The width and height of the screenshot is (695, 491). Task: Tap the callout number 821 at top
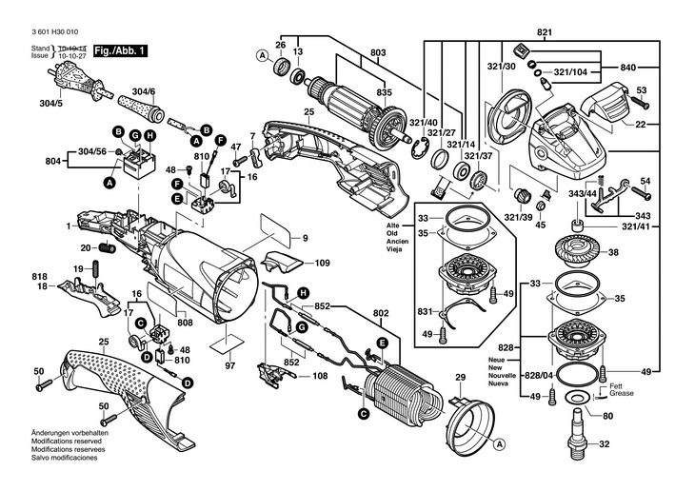tap(544, 32)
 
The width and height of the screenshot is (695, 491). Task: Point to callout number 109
tap(323, 262)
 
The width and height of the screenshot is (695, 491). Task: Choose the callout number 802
tap(381, 312)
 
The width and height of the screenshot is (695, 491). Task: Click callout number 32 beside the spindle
tap(603, 443)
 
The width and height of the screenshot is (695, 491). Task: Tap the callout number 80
tap(607, 416)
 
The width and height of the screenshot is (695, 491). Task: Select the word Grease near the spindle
tap(621, 393)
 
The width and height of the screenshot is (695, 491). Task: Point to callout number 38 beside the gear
tap(613, 252)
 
